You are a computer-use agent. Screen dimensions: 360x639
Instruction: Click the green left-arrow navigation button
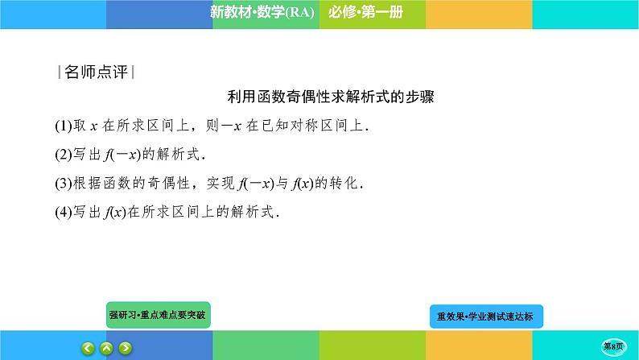click(x=89, y=349)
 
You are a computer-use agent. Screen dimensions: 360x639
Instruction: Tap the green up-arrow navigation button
click(x=107, y=349)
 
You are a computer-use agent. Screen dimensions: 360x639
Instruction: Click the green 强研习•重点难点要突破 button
click(x=159, y=316)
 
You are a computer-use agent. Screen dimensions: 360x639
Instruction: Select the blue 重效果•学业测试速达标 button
click(x=486, y=317)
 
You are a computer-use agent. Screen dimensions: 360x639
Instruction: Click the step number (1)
click(x=64, y=126)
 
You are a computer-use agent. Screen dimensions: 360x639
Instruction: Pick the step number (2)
click(x=64, y=155)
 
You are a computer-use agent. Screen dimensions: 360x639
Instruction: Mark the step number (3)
click(x=64, y=184)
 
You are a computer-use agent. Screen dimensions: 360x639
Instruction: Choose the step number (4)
click(x=64, y=213)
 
